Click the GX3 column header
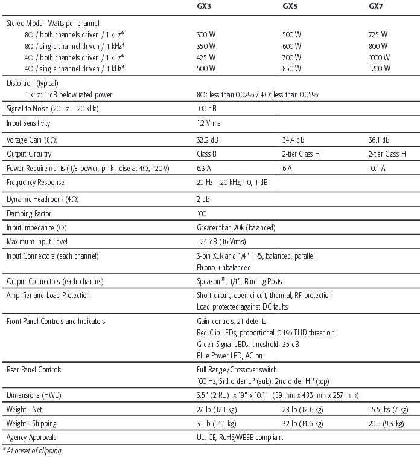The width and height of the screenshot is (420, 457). (205, 6)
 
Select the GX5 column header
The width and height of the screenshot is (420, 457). (291, 6)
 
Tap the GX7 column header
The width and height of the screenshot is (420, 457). (377, 6)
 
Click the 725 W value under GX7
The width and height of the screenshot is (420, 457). (378, 34)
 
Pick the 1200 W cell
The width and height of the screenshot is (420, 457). (380, 68)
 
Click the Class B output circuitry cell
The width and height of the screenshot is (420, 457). (207, 154)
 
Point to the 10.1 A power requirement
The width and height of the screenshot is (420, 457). (377, 168)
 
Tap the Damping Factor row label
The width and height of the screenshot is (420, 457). (28, 213)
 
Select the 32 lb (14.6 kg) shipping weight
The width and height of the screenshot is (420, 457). (305, 423)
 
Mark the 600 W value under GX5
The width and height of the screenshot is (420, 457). (291, 45)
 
